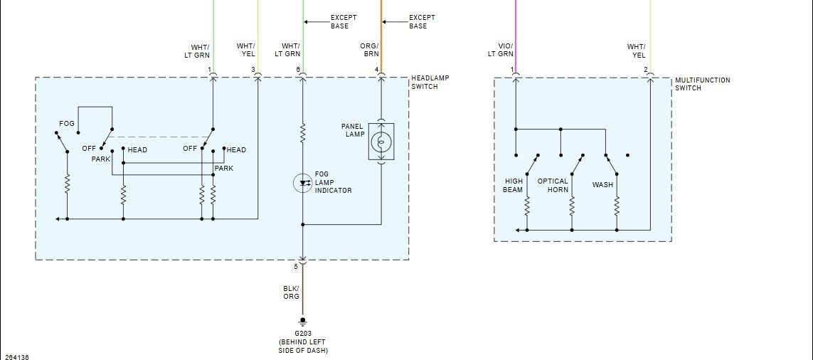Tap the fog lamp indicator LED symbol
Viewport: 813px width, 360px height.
click(x=303, y=183)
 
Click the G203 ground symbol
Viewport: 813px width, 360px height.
click(x=303, y=321)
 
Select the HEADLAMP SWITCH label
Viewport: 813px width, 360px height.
click(x=430, y=82)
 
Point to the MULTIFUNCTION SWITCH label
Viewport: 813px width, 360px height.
click(x=702, y=84)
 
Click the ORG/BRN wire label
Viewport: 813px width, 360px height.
click(x=370, y=50)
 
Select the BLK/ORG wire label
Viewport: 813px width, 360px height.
click(x=291, y=292)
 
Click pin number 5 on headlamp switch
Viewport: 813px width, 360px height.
click(x=297, y=267)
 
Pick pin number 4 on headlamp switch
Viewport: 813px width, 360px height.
click(x=376, y=69)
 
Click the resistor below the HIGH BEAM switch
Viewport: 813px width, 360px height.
click(x=527, y=207)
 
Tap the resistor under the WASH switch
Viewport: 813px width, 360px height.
click(x=617, y=207)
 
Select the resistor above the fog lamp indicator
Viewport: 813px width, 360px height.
click(x=303, y=132)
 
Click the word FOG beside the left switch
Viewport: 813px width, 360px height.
click(x=67, y=124)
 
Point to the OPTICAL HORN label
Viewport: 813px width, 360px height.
click(x=553, y=186)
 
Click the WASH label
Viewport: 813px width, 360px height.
click(x=602, y=185)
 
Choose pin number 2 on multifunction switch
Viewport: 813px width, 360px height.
click(x=646, y=69)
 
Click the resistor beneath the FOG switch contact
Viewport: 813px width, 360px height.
click(x=67, y=185)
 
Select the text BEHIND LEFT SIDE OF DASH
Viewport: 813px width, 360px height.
click(x=303, y=346)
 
